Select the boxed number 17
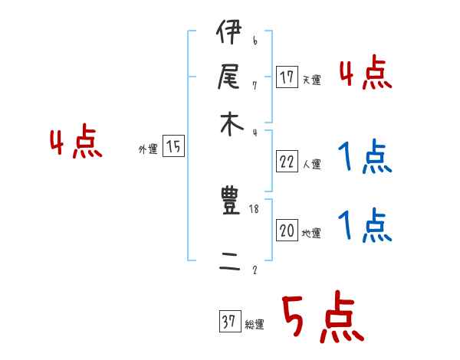[x=287, y=77]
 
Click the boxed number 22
[x=287, y=162]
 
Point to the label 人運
[x=312, y=164]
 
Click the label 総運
[x=255, y=325]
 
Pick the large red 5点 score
[x=321, y=318]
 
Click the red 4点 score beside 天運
[x=365, y=74]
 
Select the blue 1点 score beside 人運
[x=365, y=159]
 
